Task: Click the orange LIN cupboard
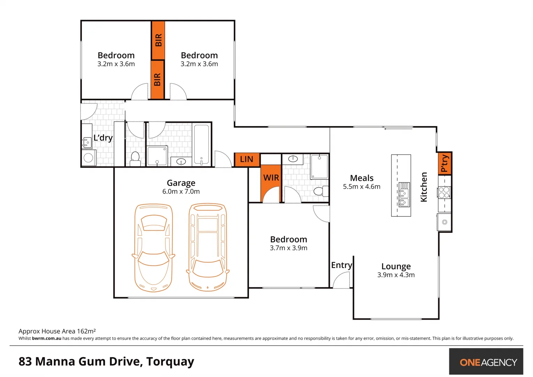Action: [247, 160]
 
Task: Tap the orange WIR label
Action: [271, 178]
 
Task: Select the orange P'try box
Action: [444, 163]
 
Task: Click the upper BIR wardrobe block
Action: [158, 40]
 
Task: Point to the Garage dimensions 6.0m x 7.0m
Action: [181, 191]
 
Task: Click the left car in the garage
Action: [153, 248]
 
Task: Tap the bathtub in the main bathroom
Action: [201, 144]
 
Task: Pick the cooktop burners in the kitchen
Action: [444, 192]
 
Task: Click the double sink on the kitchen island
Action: [404, 194]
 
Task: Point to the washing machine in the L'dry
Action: [89, 158]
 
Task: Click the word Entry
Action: [341, 265]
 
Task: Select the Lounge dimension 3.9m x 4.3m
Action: [396, 275]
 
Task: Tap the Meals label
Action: [361, 178]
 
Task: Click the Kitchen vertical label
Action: [424, 187]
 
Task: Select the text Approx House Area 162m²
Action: [57, 331]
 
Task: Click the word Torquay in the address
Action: [170, 362]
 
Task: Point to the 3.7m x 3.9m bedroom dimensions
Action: [288, 248]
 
